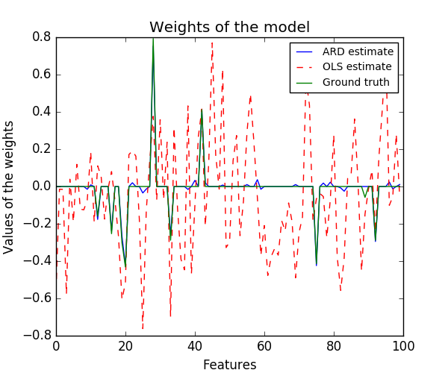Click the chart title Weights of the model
(229, 28)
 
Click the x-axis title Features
(229, 365)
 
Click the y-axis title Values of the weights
(9, 186)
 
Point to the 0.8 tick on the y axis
(42, 37)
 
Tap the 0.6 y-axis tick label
(42, 75)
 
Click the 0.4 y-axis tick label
(42, 112)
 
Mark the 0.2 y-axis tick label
(42, 149)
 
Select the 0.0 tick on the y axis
(42, 186)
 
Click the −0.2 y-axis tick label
(39, 224)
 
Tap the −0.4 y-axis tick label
(39, 261)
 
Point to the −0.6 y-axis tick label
(39, 298)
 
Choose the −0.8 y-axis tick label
(39, 336)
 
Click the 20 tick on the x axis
(125, 346)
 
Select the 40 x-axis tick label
(195, 346)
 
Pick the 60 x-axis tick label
(264, 346)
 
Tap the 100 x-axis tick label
(403, 346)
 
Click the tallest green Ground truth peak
(153, 40)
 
